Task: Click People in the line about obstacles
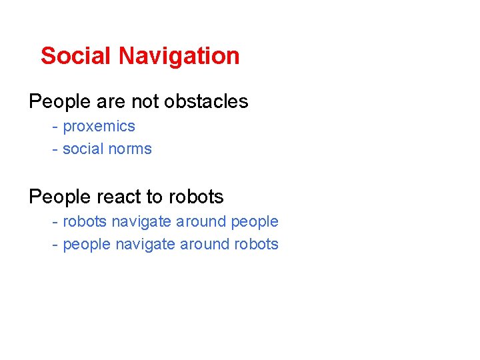coord(59,101)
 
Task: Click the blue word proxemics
coord(99,127)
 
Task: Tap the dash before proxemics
coord(55,127)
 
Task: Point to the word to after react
coord(154,197)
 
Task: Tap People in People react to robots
coord(59,197)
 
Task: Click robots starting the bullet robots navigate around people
coord(84,221)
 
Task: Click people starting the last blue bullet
coord(86,244)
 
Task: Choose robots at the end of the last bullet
coord(256,244)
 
